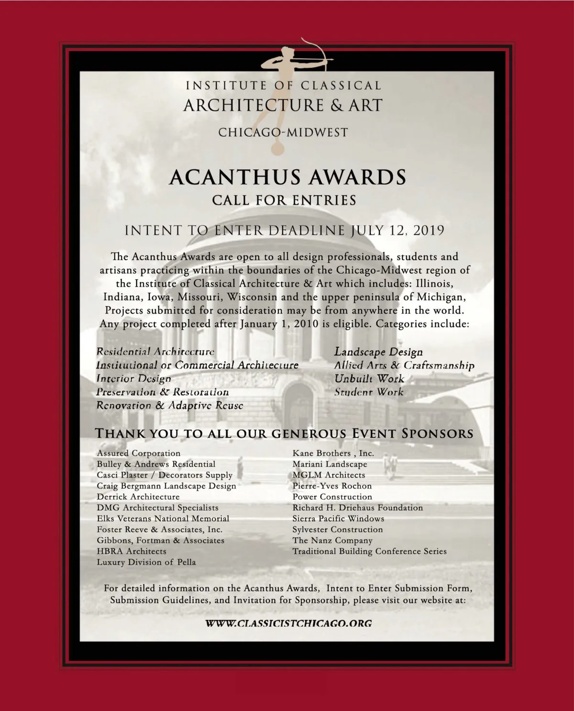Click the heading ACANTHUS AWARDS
point(287,177)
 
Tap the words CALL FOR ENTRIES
point(285,200)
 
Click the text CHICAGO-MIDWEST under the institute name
point(283,132)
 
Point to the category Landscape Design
point(378,352)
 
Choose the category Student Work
point(369,392)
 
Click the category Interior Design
point(133,378)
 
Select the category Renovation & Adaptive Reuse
point(170,405)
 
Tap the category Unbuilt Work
point(369,378)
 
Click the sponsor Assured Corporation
point(139,453)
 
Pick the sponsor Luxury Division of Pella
point(146,562)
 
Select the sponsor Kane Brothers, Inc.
point(333,453)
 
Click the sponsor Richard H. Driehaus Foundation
point(358,508)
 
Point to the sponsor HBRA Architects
point(132,551)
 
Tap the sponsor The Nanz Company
point(332,540)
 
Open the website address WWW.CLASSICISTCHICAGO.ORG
point(289,623)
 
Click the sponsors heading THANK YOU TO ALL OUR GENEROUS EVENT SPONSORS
point(284,433)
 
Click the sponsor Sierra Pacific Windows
point(339,519)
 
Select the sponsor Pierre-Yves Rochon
point(332,486)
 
